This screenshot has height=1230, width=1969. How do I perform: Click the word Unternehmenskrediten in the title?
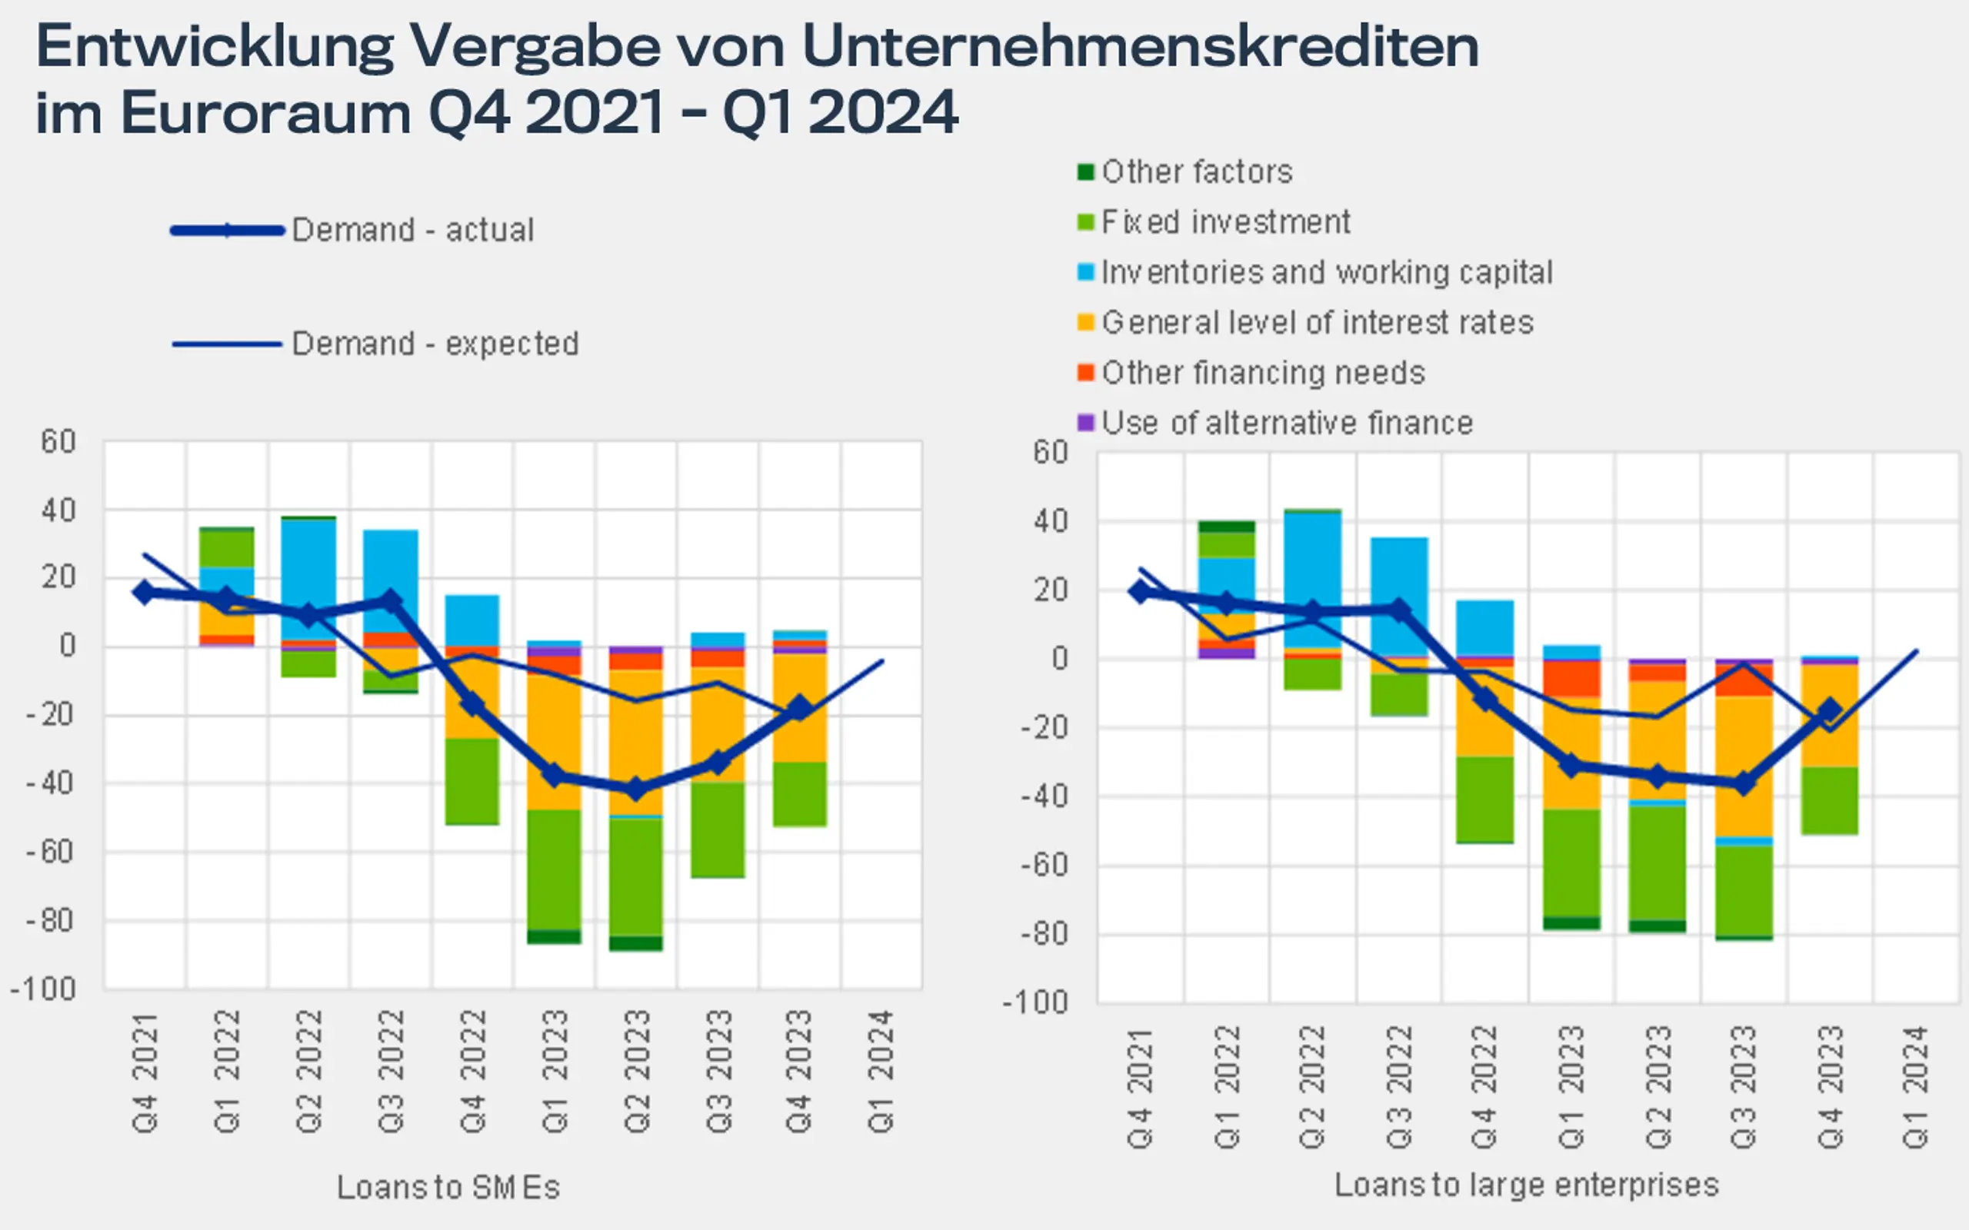point(1140,47)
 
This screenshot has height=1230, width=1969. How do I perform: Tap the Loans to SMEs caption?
point(448,1188)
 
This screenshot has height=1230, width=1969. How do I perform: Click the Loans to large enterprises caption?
point(1527,1185)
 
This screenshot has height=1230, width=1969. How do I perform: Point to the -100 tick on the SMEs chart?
point(44,990)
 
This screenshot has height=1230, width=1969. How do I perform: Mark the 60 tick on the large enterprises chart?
point(1050,452)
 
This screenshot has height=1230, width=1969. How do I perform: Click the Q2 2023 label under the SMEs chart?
point(636,1072)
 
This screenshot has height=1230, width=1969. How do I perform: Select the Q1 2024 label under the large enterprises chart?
point(1915,1087)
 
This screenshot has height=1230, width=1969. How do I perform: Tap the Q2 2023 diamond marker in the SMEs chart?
point(636,788)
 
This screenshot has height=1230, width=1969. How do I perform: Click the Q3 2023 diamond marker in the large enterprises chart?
point(1744,783)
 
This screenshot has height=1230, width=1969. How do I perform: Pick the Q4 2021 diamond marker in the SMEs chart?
point(145,591)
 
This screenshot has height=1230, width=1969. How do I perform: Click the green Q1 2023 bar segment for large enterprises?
point(1571,863)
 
